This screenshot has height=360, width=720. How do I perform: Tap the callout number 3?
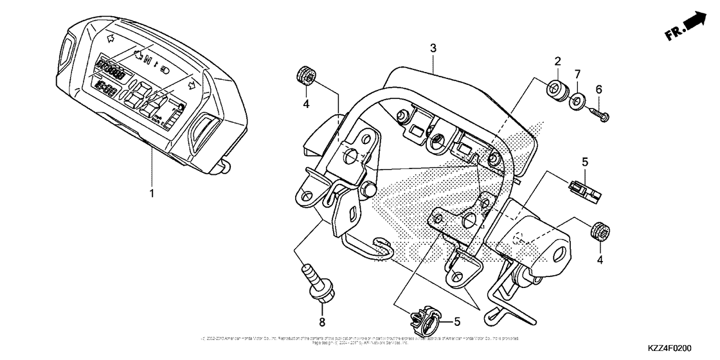433,48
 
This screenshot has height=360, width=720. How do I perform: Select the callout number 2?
557,61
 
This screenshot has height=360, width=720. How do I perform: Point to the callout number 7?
578,75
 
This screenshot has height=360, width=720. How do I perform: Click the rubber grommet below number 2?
557,89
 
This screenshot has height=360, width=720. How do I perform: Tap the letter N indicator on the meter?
148,61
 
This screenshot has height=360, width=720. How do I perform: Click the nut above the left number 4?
306,75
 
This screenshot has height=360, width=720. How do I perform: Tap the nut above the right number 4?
598,230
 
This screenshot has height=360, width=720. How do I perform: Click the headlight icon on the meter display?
165,66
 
